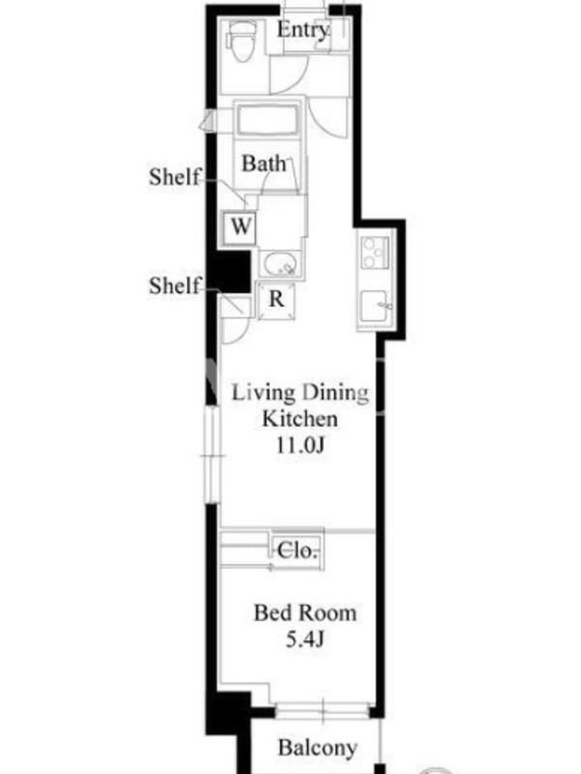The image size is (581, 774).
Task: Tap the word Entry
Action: click(302, 30)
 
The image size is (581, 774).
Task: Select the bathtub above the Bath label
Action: click(267, 120)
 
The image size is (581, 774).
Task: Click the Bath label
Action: click(263, 164)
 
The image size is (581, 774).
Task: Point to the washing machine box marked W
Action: click(239, 227)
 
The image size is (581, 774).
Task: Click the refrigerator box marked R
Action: click(276, 300)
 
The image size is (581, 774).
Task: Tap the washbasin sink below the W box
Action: click(280, 264)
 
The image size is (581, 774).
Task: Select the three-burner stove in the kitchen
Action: click(376, 253)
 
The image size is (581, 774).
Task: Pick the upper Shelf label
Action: click(175, 177)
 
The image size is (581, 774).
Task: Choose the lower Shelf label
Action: click(175, 285)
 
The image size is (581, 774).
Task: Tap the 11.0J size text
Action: click(300, 445)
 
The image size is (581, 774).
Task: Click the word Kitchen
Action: click(300, 419)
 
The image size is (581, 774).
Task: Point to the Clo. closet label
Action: click(296, 551)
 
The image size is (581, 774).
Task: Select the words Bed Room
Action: click(305, 613)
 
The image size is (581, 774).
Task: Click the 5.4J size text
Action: click(305, 640)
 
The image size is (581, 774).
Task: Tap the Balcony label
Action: click(318, 748)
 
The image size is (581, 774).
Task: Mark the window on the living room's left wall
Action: click(212, 455)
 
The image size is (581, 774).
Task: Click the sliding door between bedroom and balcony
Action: click(322, 711)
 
